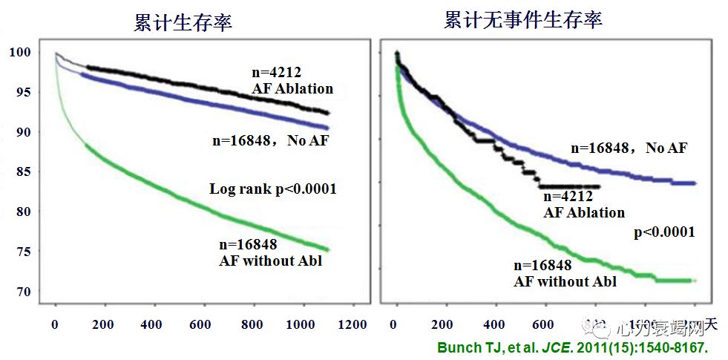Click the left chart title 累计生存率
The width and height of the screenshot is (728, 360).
point(183,22)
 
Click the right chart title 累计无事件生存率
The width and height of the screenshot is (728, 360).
point(522,20)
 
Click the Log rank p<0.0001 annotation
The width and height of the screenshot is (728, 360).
point(273,189)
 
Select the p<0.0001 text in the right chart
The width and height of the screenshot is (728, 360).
point(663,232)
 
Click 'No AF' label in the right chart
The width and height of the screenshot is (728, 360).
point(666,148)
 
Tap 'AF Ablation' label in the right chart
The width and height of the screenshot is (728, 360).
point(584,212)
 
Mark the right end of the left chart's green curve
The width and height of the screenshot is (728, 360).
point(327,249)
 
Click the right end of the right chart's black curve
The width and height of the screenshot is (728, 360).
point(598,186)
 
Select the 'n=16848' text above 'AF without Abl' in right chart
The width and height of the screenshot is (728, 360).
point(542,266)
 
